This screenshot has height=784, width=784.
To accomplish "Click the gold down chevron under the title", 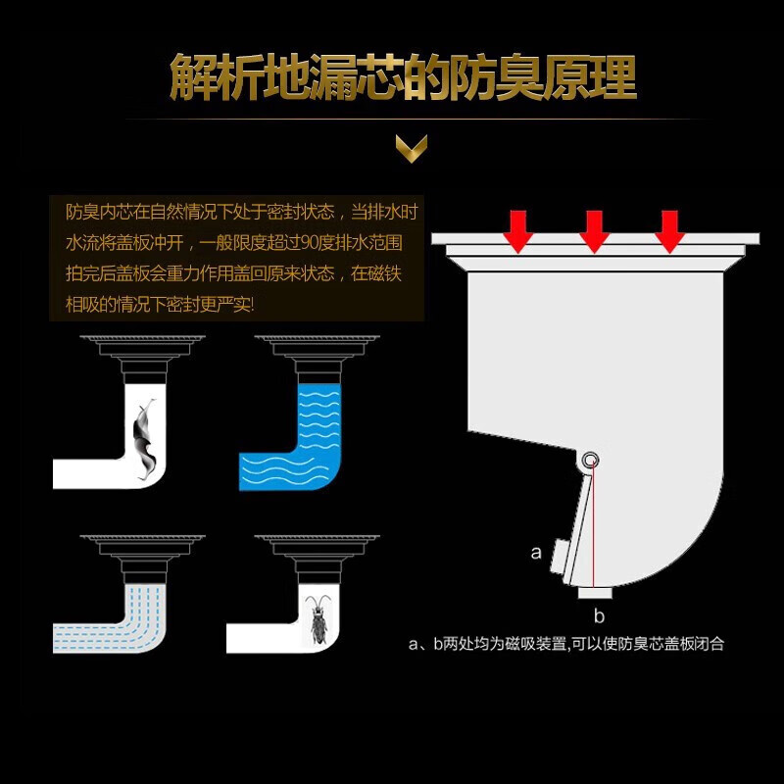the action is tap(412, 149).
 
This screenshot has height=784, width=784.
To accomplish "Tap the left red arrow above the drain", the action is tap(518, 231).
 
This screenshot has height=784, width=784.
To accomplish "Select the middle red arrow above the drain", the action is tap(594, 231).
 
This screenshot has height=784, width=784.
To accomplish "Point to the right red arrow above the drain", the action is tap(669, 231).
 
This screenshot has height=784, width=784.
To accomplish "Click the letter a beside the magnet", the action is tap(536, 553).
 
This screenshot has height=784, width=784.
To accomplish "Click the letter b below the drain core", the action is tap(599, 616).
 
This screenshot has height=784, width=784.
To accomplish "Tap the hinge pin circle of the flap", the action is tap(592, 459).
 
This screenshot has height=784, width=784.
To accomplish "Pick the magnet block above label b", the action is tap(595, 593).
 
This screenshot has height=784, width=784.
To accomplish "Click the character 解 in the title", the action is tap(193, 77).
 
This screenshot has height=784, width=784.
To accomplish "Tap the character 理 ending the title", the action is tap(613, 77).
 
